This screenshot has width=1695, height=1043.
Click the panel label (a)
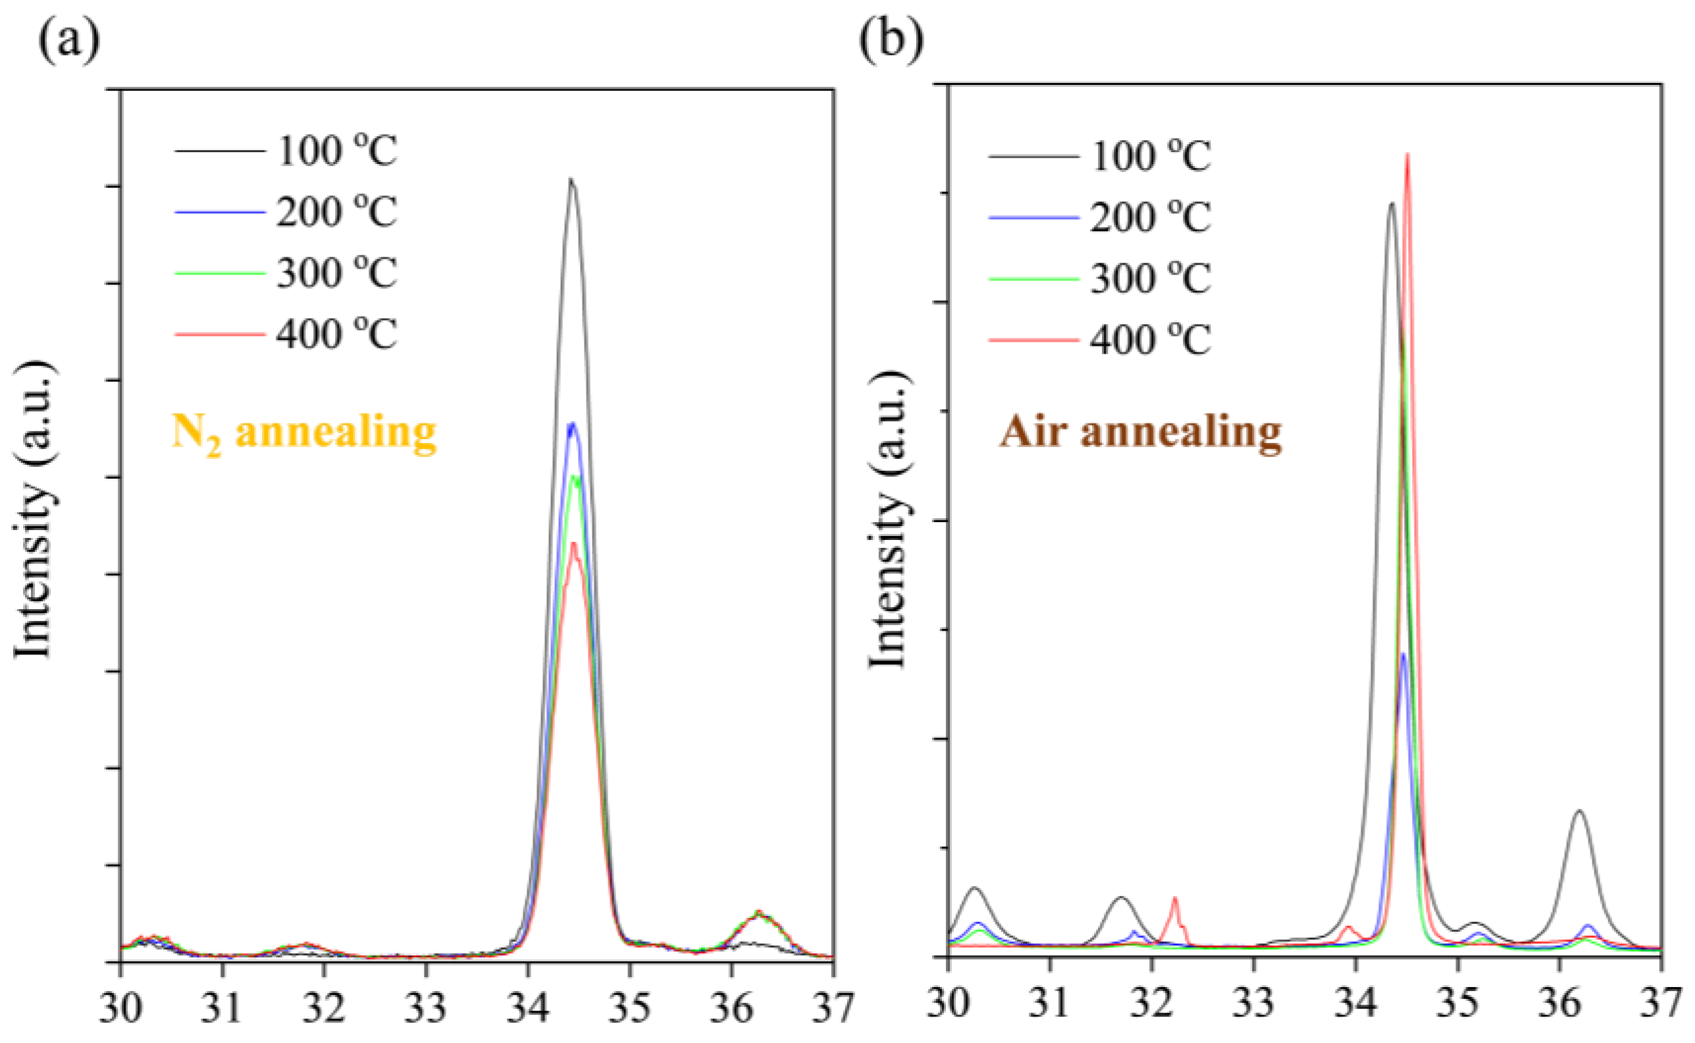(68, 41)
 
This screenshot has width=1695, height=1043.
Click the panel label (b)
(890, 41)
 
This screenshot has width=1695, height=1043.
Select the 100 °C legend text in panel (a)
(336, 150)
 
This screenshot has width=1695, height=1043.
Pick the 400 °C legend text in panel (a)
(336, 334)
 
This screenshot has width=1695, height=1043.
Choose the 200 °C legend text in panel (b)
(1150, 217)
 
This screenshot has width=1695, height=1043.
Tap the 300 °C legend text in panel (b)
(1150, 279)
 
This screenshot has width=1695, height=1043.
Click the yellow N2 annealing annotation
(304, 433)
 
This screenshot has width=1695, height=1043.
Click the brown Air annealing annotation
(1141, 433)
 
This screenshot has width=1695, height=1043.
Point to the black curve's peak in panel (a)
(571, 180)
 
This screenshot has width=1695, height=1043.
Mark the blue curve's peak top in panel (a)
(571, 425)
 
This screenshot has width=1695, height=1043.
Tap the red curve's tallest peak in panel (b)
(1407, 156)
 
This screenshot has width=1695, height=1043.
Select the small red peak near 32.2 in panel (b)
(1175, 899)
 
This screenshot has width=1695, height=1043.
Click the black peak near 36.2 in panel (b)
(1579, 812)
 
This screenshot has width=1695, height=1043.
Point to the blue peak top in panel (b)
(1403, 655)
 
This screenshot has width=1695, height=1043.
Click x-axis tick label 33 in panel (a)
(425, 1009)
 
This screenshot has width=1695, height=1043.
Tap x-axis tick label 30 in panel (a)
(120, 1009)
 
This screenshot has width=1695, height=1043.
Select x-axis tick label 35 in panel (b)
(1457, 1004)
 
